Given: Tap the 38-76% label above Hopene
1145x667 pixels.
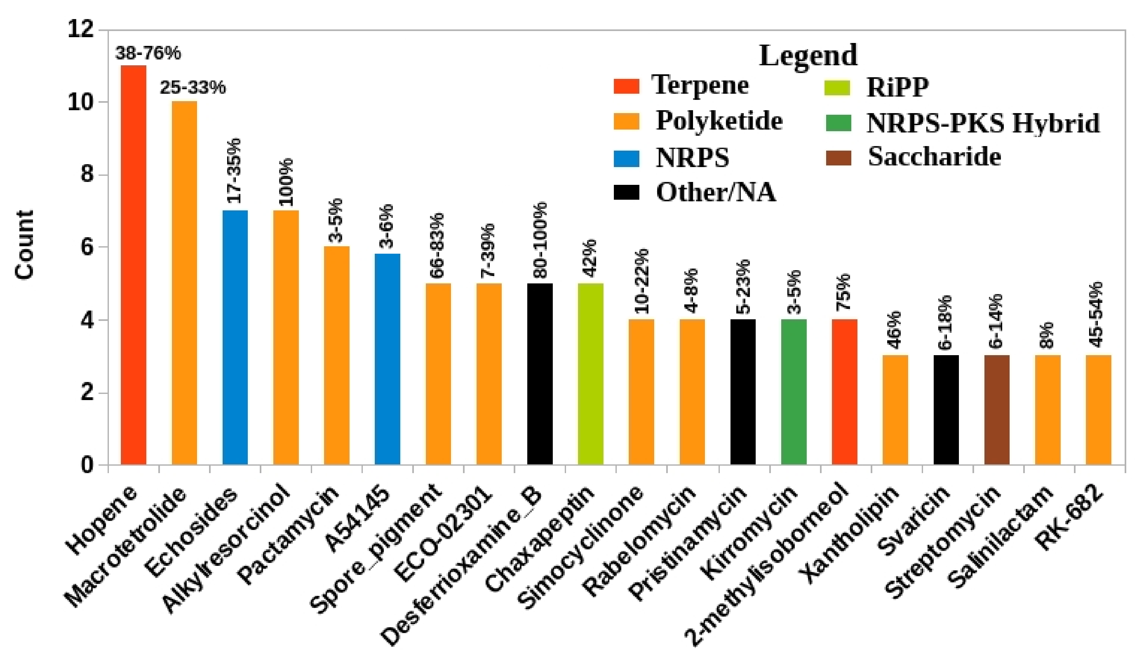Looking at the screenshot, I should tap(148, 54).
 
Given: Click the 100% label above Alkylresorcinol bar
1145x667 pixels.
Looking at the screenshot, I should tap(286, 182).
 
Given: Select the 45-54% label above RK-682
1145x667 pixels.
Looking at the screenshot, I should tap(1099, 314).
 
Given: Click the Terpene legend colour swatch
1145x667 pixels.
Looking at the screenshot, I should tap(626, 86).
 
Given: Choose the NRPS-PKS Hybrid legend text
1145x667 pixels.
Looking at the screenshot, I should tap(983, 123).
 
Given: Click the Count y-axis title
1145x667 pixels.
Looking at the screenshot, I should tap(25, 245).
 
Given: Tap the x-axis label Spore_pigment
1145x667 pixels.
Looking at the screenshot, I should tap(377, 547).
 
